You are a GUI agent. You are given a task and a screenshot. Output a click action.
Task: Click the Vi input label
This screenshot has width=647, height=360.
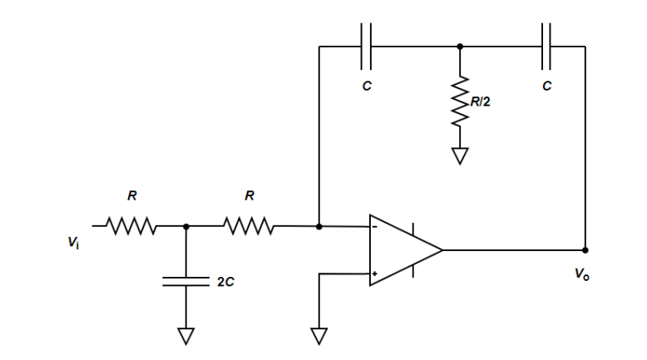(74, 242)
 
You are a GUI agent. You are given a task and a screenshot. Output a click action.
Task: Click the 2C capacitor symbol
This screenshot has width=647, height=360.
(185, 282)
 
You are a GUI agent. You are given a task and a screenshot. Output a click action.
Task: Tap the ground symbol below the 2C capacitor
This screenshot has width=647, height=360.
(185, 335)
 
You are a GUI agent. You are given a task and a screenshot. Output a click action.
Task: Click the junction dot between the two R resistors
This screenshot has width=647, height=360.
(185, 225)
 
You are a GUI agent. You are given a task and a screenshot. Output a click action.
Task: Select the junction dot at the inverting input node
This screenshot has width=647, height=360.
(319, 225)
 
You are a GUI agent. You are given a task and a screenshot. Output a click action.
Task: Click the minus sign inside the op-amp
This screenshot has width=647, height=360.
(376, 225)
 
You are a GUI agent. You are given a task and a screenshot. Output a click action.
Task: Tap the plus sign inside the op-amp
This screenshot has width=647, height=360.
(376, 274)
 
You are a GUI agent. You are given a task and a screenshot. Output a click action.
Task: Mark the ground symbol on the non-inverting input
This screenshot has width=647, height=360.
(319, 335)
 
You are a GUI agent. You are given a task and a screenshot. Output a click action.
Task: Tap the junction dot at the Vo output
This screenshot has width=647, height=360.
(585, 249)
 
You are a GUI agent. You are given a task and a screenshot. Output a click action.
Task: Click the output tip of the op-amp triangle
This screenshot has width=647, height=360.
(442, 249)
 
